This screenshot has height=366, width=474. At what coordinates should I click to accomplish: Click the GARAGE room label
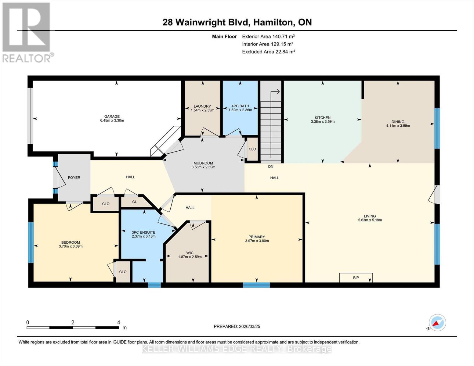tap(112, 117)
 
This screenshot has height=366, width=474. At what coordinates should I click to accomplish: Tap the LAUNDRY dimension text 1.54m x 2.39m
tap(202, 110)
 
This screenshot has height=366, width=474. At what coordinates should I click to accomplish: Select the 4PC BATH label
tap(240, 106)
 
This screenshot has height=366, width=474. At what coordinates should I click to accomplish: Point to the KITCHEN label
tap(323, 118)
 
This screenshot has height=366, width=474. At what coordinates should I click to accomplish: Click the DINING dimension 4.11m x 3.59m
tap(398, 126)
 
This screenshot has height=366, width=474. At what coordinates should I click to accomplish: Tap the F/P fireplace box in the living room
tap(356, 278)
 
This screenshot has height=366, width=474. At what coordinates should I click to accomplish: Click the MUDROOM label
tap(203, 163)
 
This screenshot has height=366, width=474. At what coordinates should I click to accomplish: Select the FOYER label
tap(74, 178)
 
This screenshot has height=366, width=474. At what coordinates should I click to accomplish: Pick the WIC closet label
tap(190, 253)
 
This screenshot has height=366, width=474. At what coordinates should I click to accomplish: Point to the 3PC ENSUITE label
tap(143, 232)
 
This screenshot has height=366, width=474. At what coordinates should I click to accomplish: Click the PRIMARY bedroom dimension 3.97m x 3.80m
tap(257, 241)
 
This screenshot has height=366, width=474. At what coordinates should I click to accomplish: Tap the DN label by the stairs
tap(271, 167)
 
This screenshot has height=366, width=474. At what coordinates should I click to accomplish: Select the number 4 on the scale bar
tap(119, 322)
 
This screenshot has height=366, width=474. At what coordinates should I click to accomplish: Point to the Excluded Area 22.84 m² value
tap(284, 52)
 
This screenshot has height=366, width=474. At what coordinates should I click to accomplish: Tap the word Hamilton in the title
tap(273, 22)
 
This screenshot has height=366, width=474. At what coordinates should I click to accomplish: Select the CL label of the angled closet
tap(134, 202)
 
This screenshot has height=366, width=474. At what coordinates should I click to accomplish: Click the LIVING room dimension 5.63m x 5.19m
tap(370, 220)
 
